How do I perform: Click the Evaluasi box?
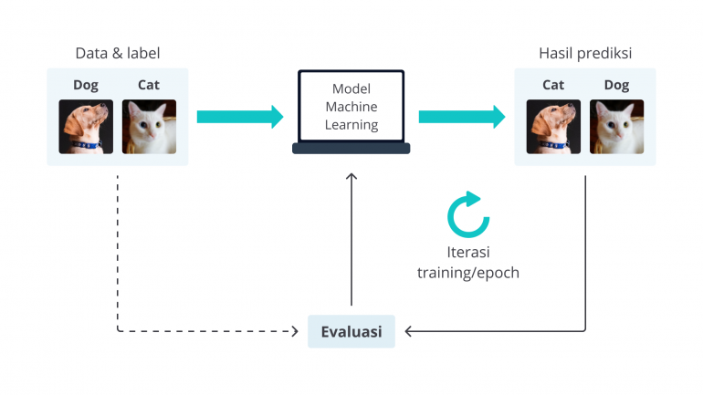(351, 331)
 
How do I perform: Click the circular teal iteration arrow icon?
(467, 214)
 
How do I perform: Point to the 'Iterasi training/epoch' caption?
(467, 263)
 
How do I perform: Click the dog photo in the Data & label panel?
(86, 126)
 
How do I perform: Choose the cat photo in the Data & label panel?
(149, 126)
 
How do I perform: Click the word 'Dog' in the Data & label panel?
(86, 85)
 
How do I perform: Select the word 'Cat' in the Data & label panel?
(149, 85)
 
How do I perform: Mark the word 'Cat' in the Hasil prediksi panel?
(553, 85)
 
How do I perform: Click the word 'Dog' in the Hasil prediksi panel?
(616, 85)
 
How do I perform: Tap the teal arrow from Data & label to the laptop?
(240, 116)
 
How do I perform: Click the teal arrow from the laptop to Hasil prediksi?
(462, 116)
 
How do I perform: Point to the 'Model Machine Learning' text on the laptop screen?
(351, 107)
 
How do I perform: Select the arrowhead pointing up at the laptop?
(351, 176)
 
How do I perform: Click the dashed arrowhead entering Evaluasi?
(295, 331)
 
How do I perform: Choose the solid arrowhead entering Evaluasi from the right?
(409, 331)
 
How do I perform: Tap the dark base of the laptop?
(351, 149)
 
